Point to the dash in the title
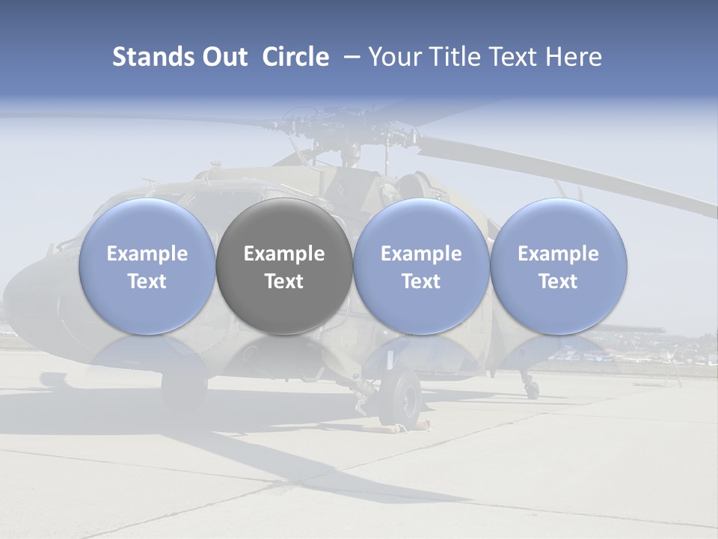click(x=349, y=58)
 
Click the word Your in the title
click(x=390, y=57)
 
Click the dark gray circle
click(x=284, y=225)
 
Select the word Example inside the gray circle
click(x=284, y=254)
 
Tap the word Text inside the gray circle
click(x=284, y=281)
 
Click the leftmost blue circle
click(x=147, y=225)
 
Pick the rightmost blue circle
click(x=559, y=225)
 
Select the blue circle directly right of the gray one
click(x=421, y=225)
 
